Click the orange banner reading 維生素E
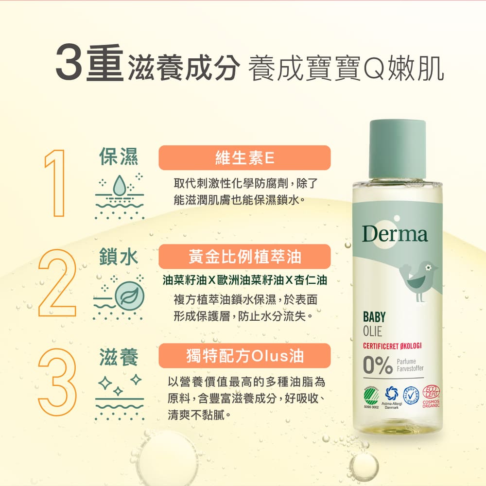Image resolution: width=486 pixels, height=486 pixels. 244,157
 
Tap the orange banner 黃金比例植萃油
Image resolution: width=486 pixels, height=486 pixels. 244,257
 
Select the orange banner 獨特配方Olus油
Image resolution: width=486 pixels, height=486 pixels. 244,355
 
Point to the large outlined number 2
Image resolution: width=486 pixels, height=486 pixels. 57,282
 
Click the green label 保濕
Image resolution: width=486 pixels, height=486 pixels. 118,157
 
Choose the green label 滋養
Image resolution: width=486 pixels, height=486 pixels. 118,357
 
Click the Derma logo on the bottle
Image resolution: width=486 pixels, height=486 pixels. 395,234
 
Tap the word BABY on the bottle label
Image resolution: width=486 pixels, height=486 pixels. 374,317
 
